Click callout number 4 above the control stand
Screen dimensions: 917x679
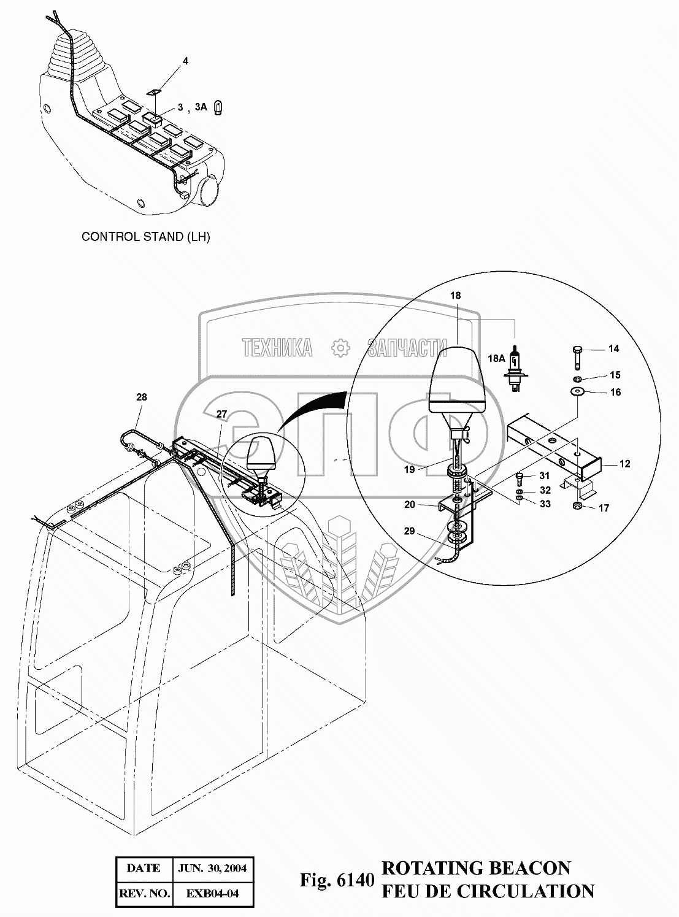tap(185, 61)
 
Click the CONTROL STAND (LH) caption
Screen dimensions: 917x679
tap(146, 237)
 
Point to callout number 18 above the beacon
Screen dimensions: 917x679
tap(456, 296)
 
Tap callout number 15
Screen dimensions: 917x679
tap(615, 375)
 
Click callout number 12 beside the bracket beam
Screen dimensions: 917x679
tap(624, 464)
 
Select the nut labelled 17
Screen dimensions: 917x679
tap(577, 506)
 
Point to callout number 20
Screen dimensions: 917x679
tap(410, 504)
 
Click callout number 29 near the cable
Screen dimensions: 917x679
tap(410, 531)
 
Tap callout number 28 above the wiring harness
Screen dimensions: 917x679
tap(142, 397)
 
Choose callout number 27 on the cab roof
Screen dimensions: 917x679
tap(221, 415)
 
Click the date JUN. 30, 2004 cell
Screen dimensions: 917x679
tap(212, 869)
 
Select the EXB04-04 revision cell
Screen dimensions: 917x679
tap(212, 894)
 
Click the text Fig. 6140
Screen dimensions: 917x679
tap(337, 881)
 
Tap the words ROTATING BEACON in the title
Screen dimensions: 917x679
tap(476, 869)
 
